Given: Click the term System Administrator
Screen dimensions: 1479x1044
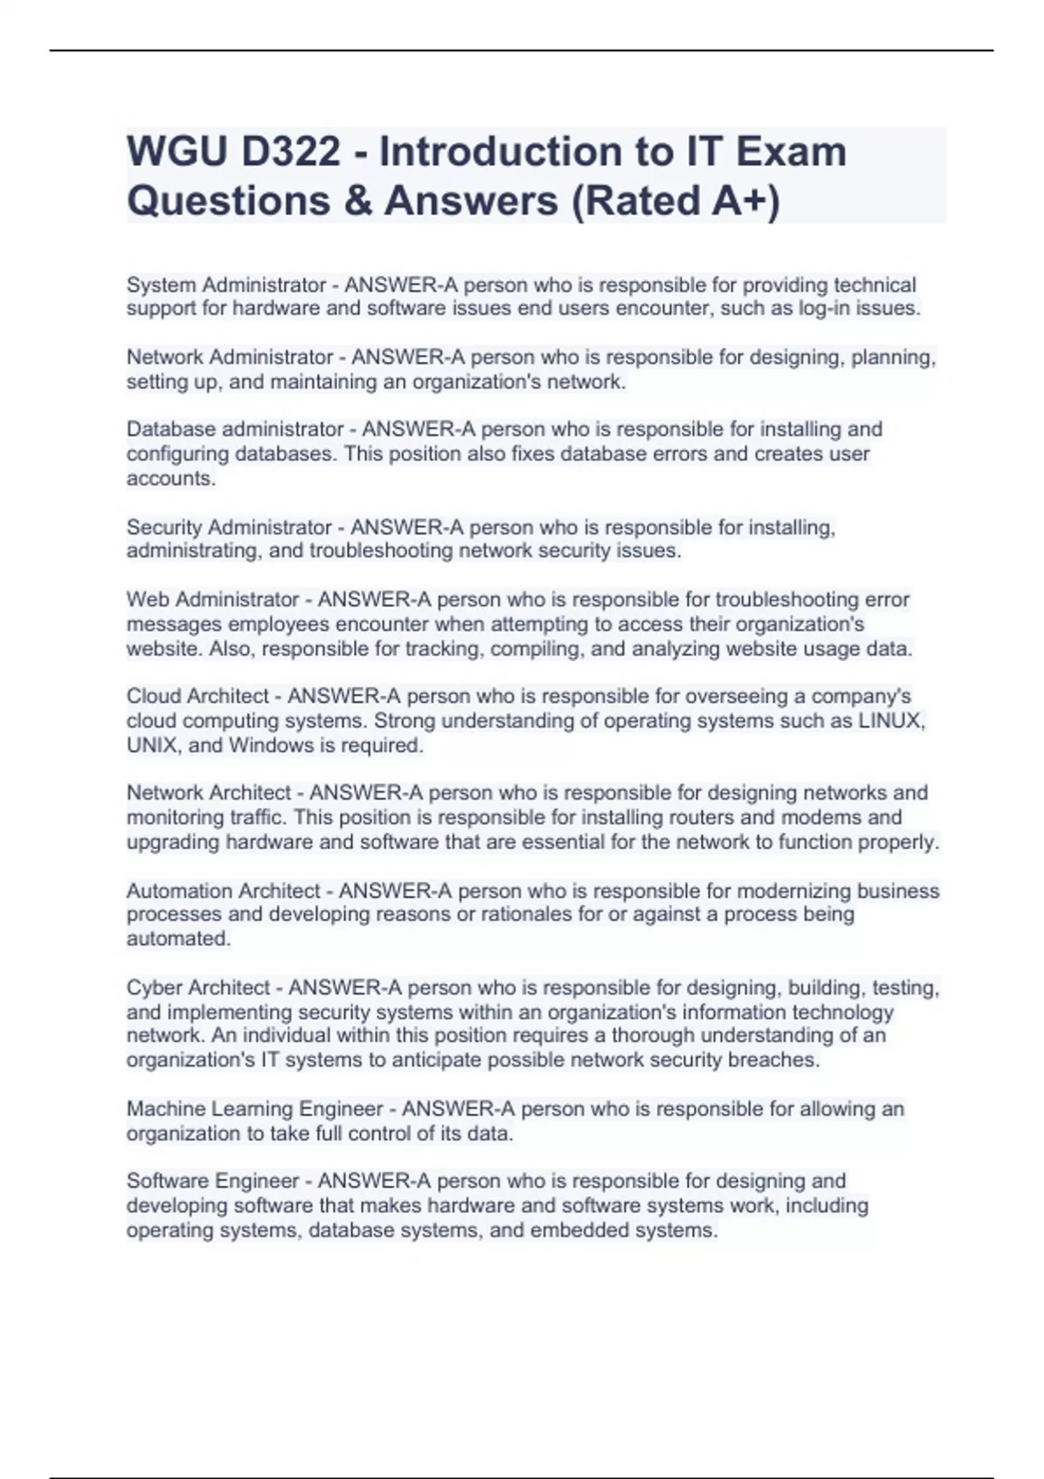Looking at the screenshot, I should pyautogui.click(x=226, y=285).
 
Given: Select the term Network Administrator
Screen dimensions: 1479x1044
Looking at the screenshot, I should pyautogui.click(x=230, y=358).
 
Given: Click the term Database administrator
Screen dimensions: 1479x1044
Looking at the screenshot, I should pyautogui.click(x=235, y=430).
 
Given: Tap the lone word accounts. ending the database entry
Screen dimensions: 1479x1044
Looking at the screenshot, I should pyautogui.click(x=171, y=478).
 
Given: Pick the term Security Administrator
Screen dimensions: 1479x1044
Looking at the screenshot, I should pyautogui.click(x=230, y=527).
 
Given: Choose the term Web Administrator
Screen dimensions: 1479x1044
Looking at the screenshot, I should pyautogui.click(x=213, y=599).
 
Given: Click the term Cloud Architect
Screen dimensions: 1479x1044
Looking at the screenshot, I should pyautogui.click(x=197, y=696).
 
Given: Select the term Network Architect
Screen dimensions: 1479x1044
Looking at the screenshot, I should pyautogui.click(x=209, y=793).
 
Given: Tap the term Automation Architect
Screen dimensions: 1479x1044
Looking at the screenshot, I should pyautogui.click(x=224, y=891).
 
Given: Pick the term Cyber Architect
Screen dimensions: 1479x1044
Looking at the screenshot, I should pyautogui.click(x=198, y=988).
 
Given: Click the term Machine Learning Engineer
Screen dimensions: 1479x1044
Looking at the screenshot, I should pyautogui.click(x=255, y=1109).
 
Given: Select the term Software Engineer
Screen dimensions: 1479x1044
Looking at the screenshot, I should pyautogui.click(x=213, y=1181).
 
